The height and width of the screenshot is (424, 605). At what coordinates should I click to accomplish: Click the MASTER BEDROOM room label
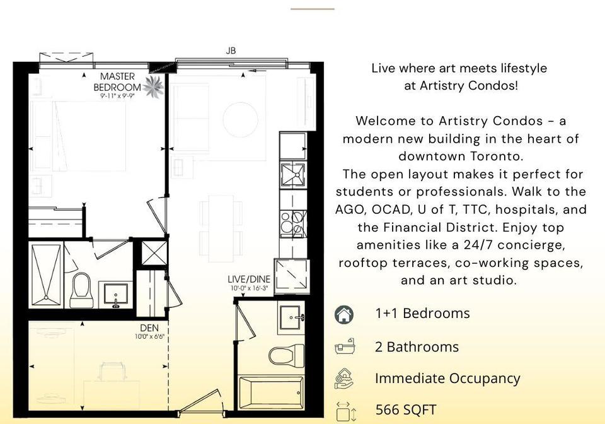pos(117,82)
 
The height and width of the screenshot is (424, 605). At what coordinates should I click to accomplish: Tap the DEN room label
pos(149,328)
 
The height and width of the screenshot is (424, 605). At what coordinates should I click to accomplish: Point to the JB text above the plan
pos(231,50)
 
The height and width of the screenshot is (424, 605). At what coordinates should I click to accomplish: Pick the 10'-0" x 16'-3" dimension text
pos(250,288)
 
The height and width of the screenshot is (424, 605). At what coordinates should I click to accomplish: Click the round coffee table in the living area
pos(240,120)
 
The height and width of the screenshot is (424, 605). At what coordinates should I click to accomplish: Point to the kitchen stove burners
pos(293,223)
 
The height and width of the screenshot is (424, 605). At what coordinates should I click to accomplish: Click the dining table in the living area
pos(221,228)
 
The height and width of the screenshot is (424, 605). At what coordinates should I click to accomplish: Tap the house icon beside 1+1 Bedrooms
pos(344,314)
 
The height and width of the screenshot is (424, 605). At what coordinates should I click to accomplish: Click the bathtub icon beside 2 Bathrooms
pos(344,346)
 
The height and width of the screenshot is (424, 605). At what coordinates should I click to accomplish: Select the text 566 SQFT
pos(405,409)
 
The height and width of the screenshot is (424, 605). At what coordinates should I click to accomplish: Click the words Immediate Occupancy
pos(447,379)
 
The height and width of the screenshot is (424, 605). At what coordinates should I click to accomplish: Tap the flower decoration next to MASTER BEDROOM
pos(154,87)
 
